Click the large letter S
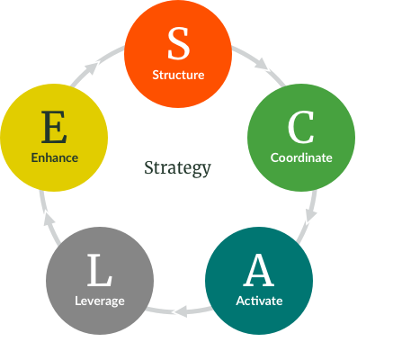pyautogui.click(x=178, y=43)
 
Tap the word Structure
pyautogui.click(x=178, y=75)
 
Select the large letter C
pyautogui.click(x=301, y=127)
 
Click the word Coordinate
pyautogui.click(x=301, y=157)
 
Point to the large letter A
pyautogui.click(x=259, y=270)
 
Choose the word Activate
pyautogui.click(x=259, y=301)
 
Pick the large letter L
pyautogui.click(x=100, y=270)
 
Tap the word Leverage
pyautogui.click(x=100, y=301)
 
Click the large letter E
pyautogui.click(x=54, y=127)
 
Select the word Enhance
pyautogui.click(x=55, y=157)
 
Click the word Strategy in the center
pyautogui.click(x=177, y=168)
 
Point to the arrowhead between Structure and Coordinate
pyautogui.click(x=262, y=65)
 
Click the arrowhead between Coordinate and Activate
pyautogui.click(x=311, y=214)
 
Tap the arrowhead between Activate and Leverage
pyautogui.click(x=181, y=311)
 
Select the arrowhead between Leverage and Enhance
pyautogui.click(x=49, y=218)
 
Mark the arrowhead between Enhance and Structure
pyautogui.click(x=91, y=67)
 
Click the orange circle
pyautogui.click(x=178, y=54)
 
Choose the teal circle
pyautogui.click(x=259, y=281)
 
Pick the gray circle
pyautogui.click(x=100, y=281)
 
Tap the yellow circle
pyautogui.click(x=54, y=138)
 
